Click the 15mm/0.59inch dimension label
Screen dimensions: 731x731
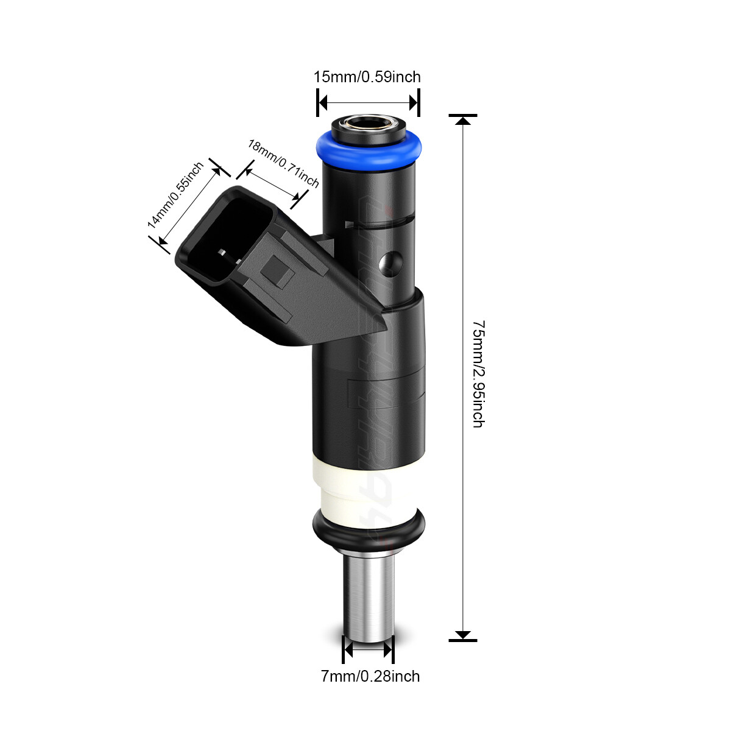(x=367, y=77)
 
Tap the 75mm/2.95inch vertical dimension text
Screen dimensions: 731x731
(x=478, y=374)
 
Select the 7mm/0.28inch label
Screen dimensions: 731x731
(x=370, y=676)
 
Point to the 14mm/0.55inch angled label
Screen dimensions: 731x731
(x=175, y=195)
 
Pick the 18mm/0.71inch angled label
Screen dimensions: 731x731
(x=283, y=163)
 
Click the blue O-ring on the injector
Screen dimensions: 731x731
(x=369, y=151)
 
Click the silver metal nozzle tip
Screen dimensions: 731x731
(x=368, y=599)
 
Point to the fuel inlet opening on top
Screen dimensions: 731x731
(x=369, y=124)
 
